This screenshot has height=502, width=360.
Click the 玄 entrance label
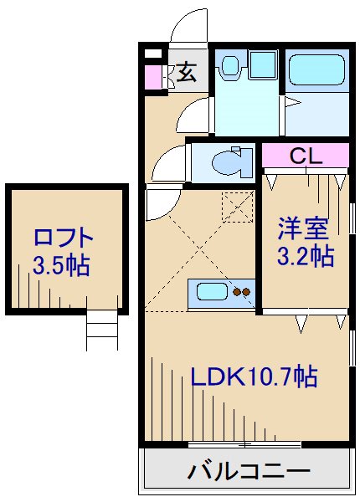[186, 73]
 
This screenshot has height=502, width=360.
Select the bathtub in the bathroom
[316, 69]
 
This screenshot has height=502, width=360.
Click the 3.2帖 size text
[306, 256]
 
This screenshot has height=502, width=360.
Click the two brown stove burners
[241, 293]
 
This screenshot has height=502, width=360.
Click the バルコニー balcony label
[249, 471]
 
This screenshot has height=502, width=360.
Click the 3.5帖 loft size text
[62, 265]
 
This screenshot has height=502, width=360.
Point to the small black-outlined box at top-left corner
[152, 54]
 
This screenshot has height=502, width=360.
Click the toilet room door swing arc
[167, 161]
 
